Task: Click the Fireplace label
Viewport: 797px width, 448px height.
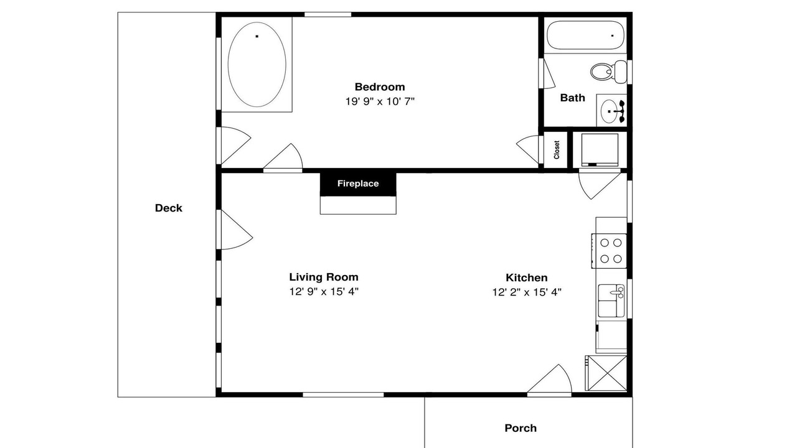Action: [x=358, y=184]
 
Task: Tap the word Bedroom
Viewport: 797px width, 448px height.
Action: [x=380, y=86]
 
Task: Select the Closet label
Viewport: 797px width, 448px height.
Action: [x=557, y=150]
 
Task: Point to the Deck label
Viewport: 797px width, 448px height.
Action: [x=168, y=208]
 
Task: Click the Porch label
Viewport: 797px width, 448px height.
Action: [x=521, y=428]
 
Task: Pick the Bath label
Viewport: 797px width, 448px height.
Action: [x=572, y=98]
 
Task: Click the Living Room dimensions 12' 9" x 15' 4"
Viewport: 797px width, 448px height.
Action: [x=323, y=292]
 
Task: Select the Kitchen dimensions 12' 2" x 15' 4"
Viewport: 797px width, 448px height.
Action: [x=527, y=292]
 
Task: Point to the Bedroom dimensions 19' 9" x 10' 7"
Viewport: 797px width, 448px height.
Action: [x=380, y=101]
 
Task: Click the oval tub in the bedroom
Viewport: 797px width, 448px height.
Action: [x=257, y=64]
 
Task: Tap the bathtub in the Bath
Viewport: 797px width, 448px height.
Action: [x=585, y=35]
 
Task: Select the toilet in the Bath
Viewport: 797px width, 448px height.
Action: [x=608, y=72]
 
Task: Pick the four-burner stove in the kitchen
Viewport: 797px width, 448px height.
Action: [x=609, y=251]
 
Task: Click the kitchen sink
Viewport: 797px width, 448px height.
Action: [x=611, y=301]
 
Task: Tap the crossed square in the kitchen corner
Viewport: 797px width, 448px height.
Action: [x=606, y=373]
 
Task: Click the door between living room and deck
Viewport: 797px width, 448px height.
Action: [x=235, y=230]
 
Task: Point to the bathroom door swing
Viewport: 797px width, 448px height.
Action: [x=549, y=73]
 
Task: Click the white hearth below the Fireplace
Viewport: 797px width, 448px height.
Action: [x=358, y=205]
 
